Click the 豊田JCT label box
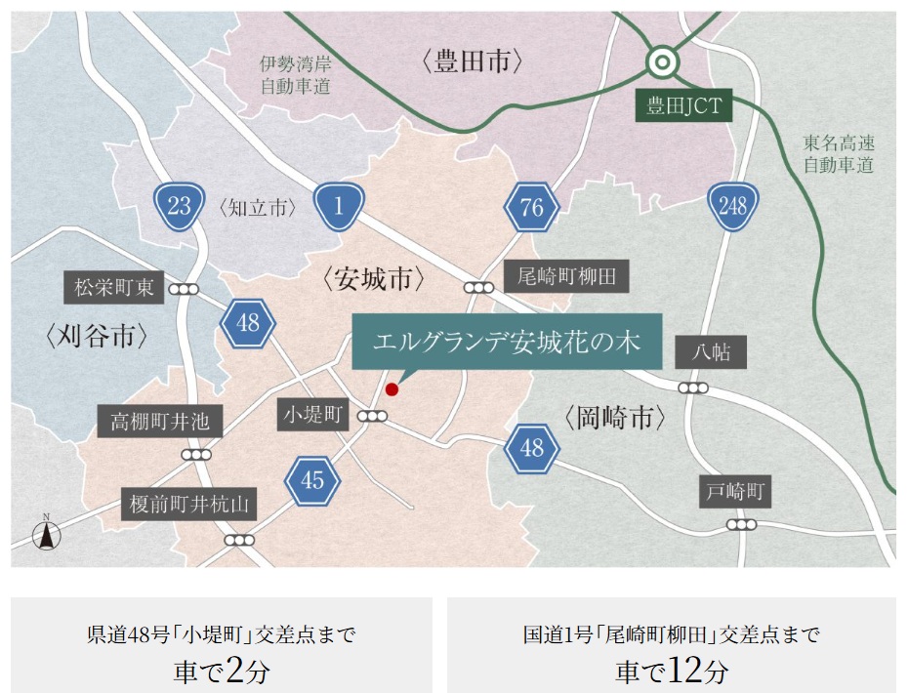point(684,105)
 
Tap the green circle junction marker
point(663,63)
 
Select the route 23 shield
point(179,206)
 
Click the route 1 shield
point(338,206)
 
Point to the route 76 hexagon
point(531,206)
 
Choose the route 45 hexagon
point(312,480)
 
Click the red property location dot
point(392,389)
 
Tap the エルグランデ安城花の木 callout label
point(506,342)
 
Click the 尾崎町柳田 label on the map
point(566,276)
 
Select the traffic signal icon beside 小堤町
point(372,417)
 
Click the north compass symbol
point(46,534)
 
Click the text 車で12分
point(671,671)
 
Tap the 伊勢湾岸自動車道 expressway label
point(295,75)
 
